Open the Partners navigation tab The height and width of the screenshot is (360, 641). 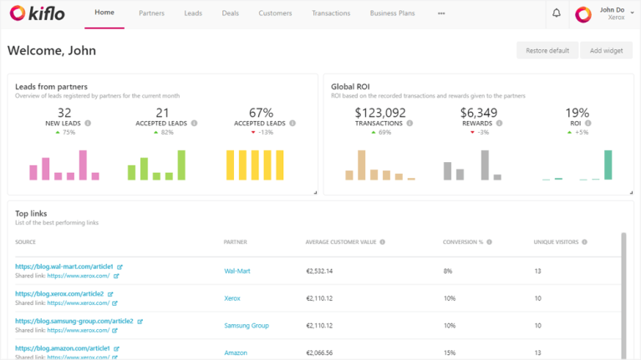click(x=151, y=13)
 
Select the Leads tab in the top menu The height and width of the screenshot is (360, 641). click(x=193, y=13)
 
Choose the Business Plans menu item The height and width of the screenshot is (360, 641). click(x=393, y=13)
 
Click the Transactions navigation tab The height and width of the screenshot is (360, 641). click(x=331, y=13)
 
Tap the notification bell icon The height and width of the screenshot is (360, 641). click(x=557, y=13)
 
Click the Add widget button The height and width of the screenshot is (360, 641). click(x=606, y=50)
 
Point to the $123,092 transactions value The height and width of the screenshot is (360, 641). click(x=380, y=113)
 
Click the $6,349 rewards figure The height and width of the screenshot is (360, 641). click(x=479, y=113)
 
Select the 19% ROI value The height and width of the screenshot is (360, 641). click(x=577, y=113)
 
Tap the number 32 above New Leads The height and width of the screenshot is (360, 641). click(x=64, y=113)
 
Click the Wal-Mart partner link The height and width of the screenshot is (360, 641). click(x=237, y=271)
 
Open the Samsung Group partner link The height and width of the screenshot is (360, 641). click(x=247, y=326)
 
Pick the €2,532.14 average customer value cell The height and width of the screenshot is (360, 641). click(x=319, y=271)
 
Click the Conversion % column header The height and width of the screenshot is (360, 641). click(x=463, y=242)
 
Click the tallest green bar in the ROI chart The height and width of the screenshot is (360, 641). click(x=608, y=165)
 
